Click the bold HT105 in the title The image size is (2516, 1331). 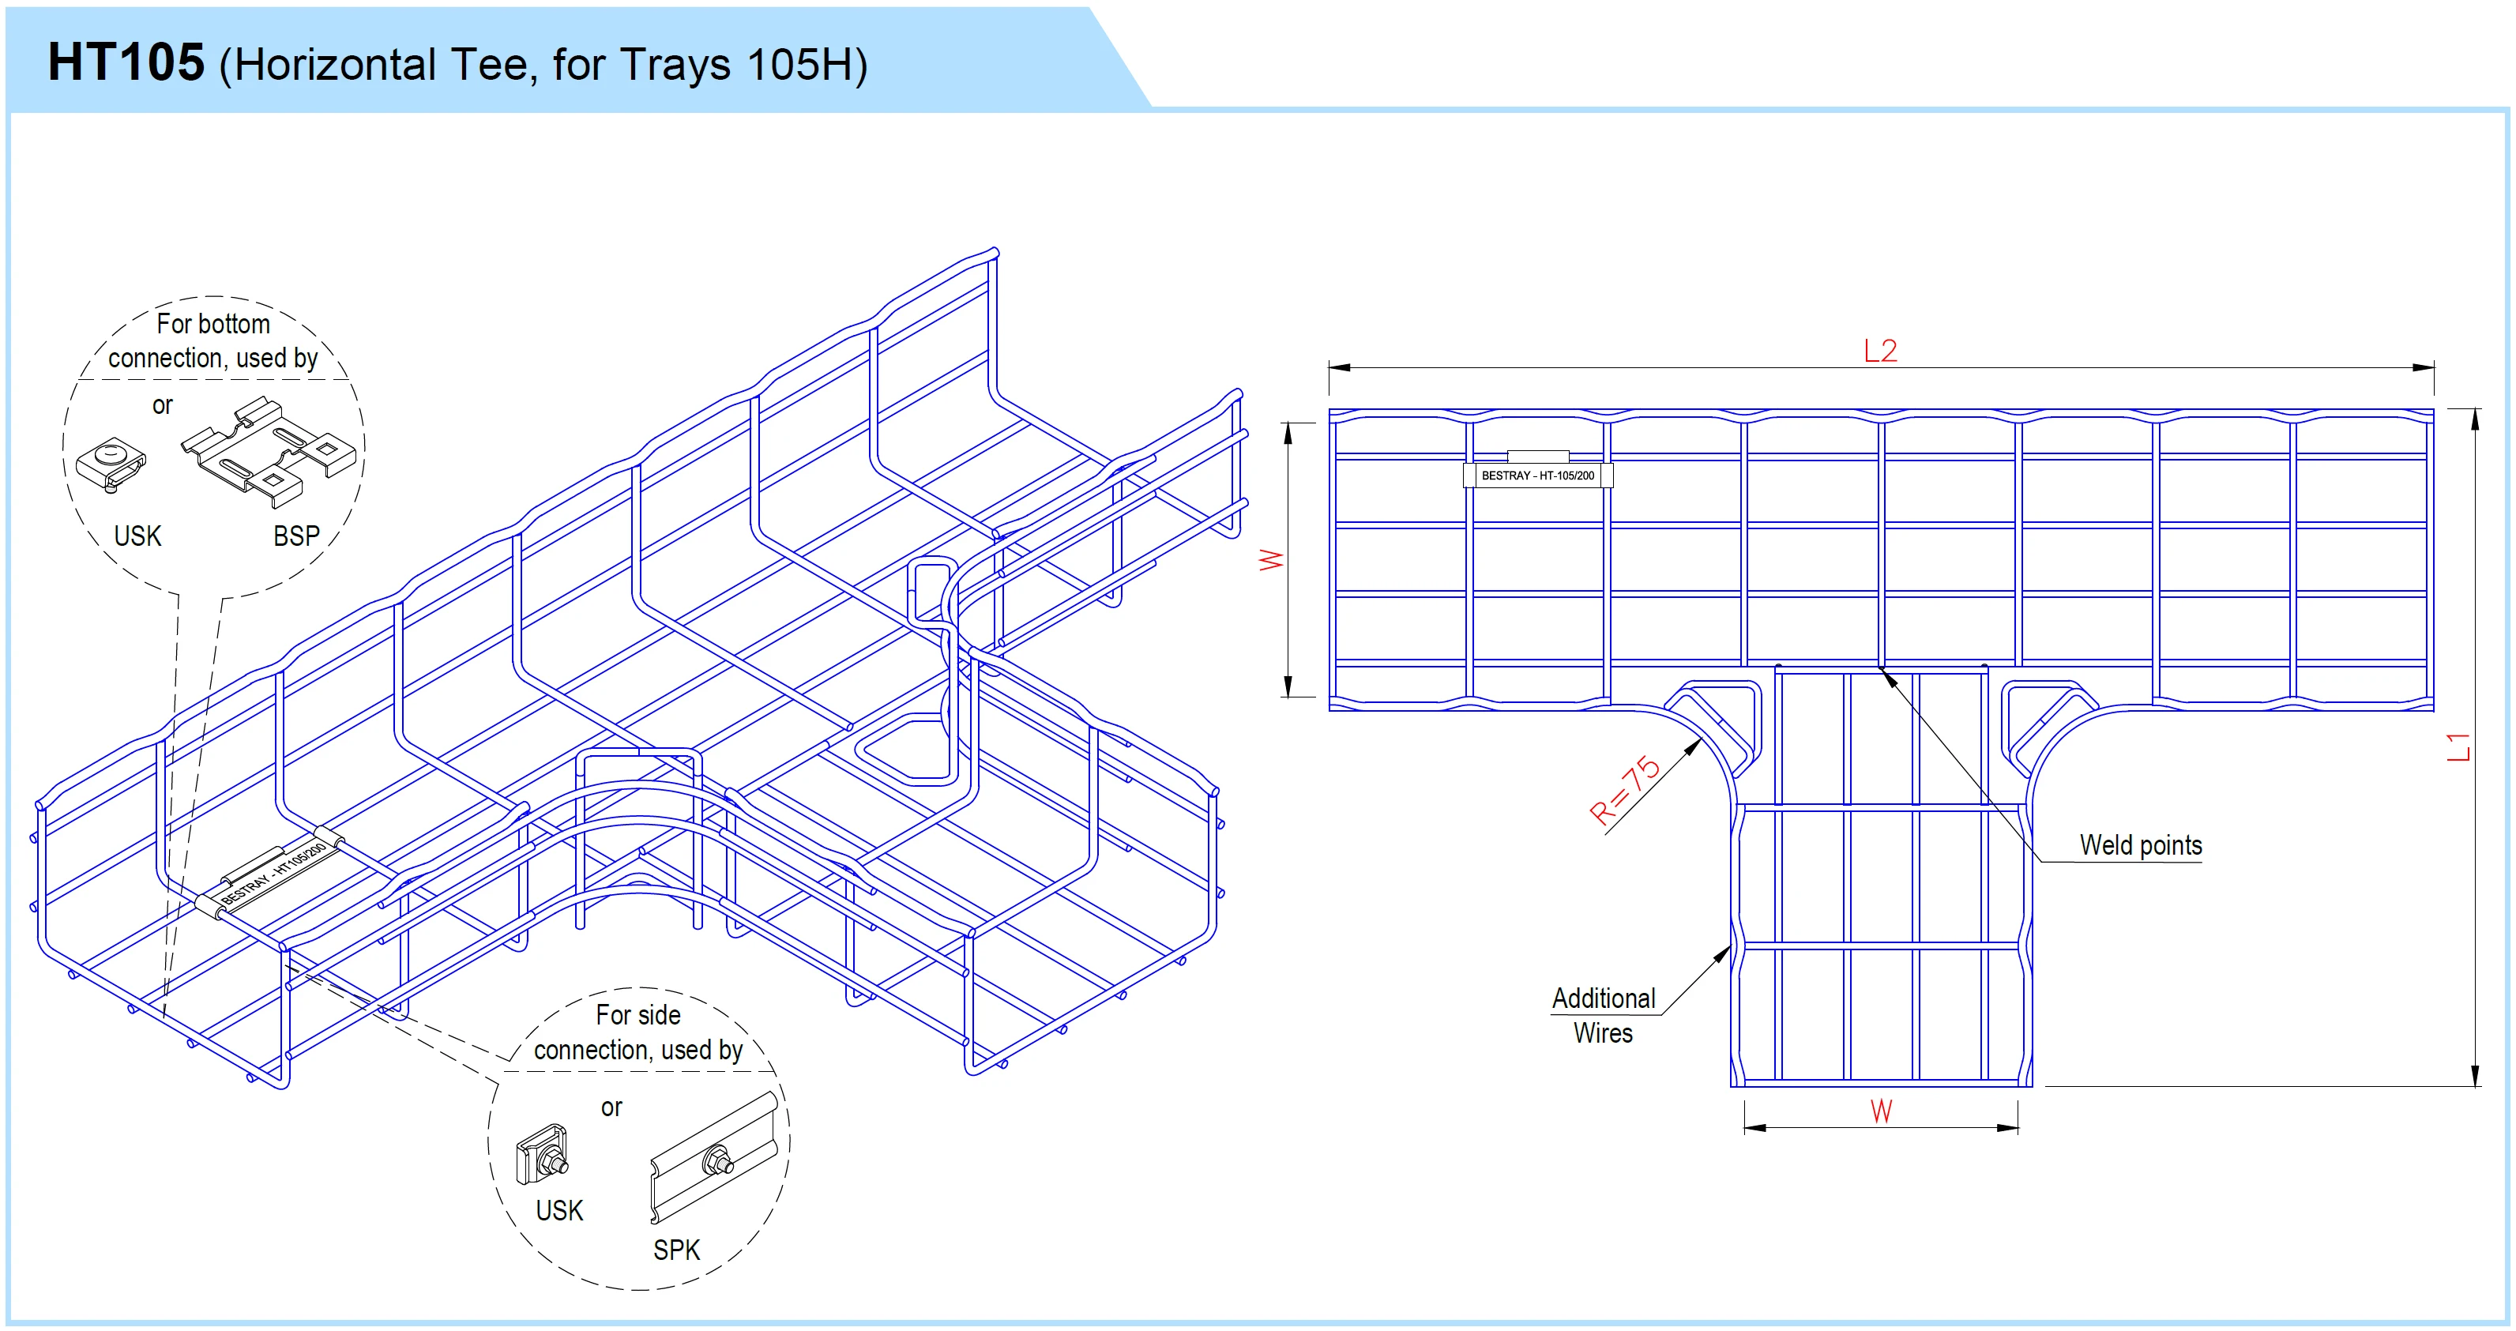point(126,62)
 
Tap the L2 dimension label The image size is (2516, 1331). point(1880,351)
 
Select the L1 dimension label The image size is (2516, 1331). point(2459,747)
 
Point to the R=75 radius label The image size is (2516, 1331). point(1625,789)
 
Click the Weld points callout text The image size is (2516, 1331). point(2140,846)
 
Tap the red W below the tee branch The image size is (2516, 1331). point(1881,1111)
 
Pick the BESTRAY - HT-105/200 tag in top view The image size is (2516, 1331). point(1537,476)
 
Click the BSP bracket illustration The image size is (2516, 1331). point(269,451)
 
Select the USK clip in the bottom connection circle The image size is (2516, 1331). point(111,464)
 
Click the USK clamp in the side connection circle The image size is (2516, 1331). point(542,1154)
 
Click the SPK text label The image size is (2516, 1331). point(676,1250)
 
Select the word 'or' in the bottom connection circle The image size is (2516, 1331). point(162,405)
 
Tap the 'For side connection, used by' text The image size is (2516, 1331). point(637,1032)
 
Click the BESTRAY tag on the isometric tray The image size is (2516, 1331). point(273,872)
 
